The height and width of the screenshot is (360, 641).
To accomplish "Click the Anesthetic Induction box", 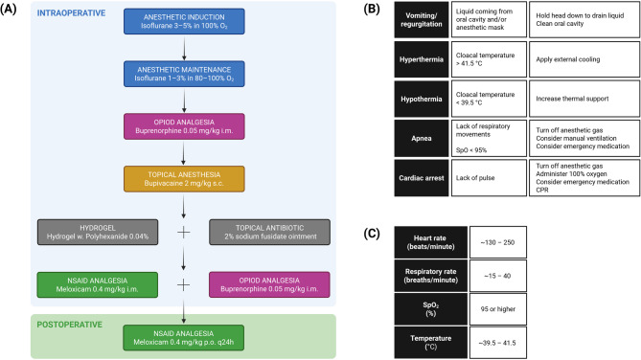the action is [x=184, y=21].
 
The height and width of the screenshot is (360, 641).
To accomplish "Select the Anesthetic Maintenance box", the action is [x=184, y=74].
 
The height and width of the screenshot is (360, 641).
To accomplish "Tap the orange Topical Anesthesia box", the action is [x=184, y=179].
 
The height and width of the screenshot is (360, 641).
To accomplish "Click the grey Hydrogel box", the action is [x=98, y=232].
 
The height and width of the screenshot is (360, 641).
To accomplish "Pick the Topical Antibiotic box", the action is [x=269, y=232].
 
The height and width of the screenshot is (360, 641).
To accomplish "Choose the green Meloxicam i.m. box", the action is [x=98, y=284].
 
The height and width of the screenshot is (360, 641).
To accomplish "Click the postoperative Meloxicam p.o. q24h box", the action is [x=184, y=338].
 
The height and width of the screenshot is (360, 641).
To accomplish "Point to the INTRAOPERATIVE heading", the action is [x=71, y=13].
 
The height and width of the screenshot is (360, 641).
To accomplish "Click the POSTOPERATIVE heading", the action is [x=70, y=325].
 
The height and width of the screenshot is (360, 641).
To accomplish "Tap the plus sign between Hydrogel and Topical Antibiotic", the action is [x=184, y=232].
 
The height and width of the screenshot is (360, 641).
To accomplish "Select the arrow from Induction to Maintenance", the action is [x=184, y=48].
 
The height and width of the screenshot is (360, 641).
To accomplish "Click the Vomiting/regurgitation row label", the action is [x=421, y=19].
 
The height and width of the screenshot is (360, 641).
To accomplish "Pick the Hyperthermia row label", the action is [x=421, y=59].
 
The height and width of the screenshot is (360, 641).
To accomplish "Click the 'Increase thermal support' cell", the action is [x=584, y=99].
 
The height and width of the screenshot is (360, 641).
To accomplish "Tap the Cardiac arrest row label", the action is [x=421, y=178].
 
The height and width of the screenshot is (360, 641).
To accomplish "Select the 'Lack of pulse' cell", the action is [x=489, y=178].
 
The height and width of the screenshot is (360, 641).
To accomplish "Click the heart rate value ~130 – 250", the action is [x=497, y=242].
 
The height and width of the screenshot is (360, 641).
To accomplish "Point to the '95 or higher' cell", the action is [x=497, y=309].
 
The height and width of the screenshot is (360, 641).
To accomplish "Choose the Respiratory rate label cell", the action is [x=430, y=276].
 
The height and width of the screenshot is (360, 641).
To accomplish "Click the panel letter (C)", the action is [x=372, y=234].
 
